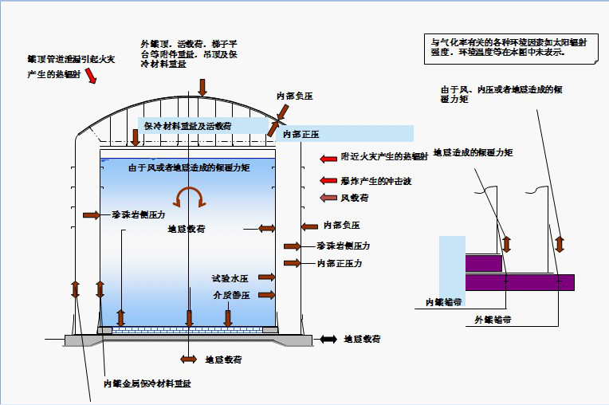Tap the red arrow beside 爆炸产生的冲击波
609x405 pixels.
(x=328, y=181)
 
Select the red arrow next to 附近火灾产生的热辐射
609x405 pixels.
(x=328, y=158)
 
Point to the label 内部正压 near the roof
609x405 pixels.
(x=301, y=134)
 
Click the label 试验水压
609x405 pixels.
(x=231, y=277)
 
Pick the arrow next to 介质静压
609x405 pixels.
(x=267, y=295)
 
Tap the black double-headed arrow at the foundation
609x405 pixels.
(x=328, y=339)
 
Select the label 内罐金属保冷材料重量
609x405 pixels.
(x=147, y=383)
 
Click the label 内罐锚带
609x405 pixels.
(x=444, y=301)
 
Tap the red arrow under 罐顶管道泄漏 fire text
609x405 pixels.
(x=91, y=75)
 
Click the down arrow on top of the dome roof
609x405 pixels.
(x=203, y=87)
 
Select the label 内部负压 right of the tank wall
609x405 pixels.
(x=342, y=225)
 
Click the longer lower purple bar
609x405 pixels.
(x=519, y=282)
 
